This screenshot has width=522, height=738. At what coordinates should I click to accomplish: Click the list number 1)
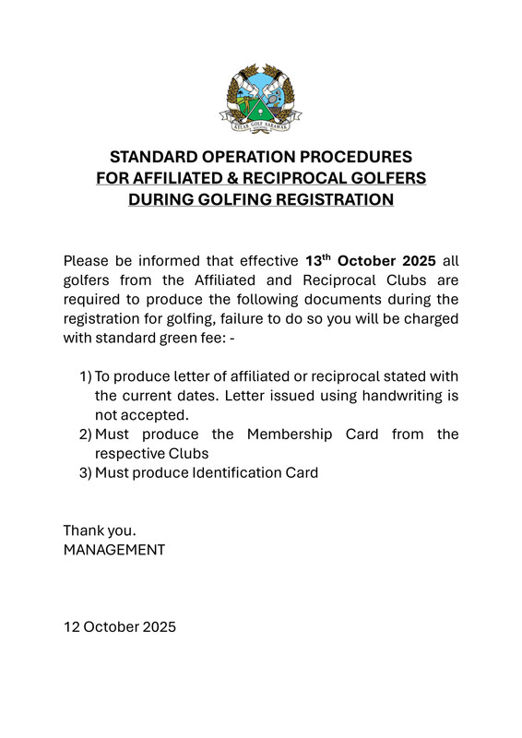pos(85,376)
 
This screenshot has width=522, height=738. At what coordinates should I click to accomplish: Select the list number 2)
pos(85,434)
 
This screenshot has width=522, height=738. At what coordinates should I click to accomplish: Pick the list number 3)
pos(85,472)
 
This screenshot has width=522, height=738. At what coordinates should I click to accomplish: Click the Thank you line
pos(100,530)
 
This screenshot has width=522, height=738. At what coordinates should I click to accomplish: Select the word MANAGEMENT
pos(113,550)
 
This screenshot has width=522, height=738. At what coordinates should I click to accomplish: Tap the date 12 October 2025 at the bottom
pos(119,627)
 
